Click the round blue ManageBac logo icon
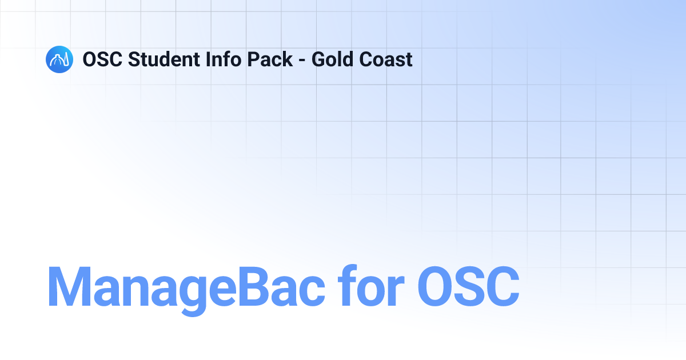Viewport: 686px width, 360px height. tap(59, 59)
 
